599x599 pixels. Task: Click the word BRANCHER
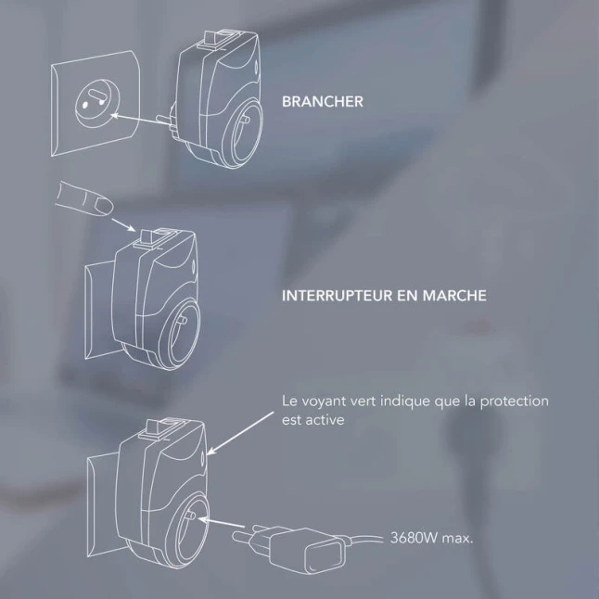[x=323, y=102]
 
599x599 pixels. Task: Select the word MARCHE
[x=454, y=296]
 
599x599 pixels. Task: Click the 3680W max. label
[x=432, y=538]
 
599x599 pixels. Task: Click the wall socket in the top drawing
[x=96, y=103]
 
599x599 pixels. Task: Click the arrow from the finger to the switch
[x=123, y=224]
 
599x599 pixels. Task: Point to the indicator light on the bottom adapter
[x=202, y=457]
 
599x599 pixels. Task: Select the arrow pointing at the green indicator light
[x=240, y=433]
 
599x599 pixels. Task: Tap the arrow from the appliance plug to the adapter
[x=221, y=522]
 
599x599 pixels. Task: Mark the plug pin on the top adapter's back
[x=164, y=120]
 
